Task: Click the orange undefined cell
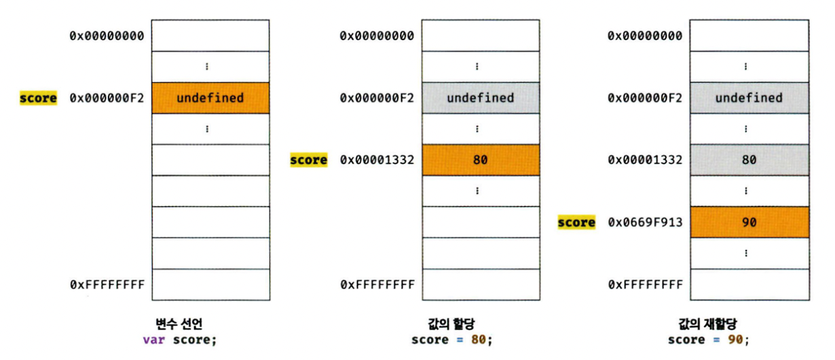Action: click(210, 98)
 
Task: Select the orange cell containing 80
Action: click(479, 160)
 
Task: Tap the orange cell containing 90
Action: click(749, 222)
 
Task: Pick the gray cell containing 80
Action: click(749, 160)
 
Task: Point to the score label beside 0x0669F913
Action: click(576, 222)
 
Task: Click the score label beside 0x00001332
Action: click(308, 160)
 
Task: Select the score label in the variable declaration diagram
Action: click(38, 98)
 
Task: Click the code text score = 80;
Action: click(451, 339)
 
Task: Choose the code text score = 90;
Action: click(709, 339)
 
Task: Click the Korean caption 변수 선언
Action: click(179, 324)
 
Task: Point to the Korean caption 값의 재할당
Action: click(709, 324)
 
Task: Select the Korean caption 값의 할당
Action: click(451, 324)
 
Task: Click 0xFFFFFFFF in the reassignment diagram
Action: click(645, 285)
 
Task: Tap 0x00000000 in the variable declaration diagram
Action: click(107, 35)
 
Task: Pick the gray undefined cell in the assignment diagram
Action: click(479, 98)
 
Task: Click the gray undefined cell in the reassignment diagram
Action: click(749, 98)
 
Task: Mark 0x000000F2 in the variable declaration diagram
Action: click(107, 98)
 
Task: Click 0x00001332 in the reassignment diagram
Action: click(645, 160)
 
